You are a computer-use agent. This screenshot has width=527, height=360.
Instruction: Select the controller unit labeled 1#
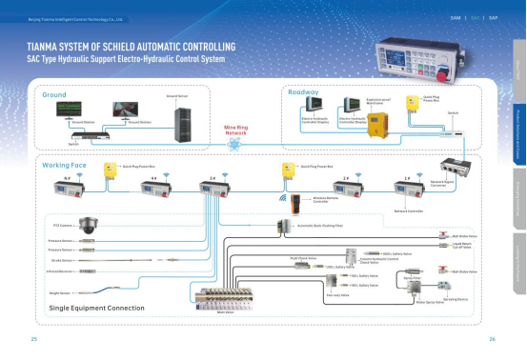click(x=409, y=185)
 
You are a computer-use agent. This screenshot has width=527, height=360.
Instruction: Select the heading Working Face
click(x=65, y=166)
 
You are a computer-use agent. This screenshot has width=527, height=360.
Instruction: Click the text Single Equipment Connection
click(x=96, y=309)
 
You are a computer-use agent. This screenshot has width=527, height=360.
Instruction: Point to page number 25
click(x=34, y=339)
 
